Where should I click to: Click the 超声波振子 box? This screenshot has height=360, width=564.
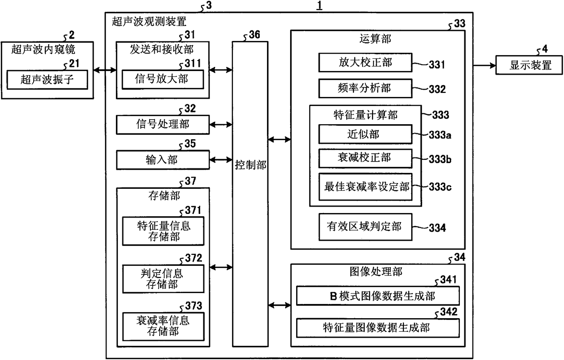(47, 80)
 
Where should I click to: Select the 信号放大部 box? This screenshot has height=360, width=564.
(163, 79)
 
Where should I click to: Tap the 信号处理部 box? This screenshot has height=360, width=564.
(163, 124)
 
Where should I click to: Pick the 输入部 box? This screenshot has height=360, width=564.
(163, 160)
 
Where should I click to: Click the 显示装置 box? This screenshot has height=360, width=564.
(529, 65)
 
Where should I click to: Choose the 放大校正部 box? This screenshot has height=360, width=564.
(365, 62)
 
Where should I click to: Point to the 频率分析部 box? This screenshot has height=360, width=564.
(365, 88)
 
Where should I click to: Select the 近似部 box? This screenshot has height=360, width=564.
(365, 134)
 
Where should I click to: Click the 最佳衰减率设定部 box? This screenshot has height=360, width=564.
(365, 187)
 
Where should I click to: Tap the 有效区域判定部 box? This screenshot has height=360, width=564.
(365, 227)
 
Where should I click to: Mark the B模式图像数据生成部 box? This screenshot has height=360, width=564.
(378, 296)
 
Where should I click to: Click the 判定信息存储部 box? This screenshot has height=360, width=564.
(163, 279)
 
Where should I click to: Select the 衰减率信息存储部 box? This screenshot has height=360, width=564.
(163, 327)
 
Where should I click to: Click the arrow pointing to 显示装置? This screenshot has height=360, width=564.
(484, 66)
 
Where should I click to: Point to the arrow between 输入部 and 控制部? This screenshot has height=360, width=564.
(221, 160)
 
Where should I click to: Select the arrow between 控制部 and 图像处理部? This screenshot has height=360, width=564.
(279, 305)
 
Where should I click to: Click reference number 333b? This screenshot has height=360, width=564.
(440, 159)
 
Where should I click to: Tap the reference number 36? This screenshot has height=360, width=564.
(254, 35)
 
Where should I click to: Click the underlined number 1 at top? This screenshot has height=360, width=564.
(319, 5)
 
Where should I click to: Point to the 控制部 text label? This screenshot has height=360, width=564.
(250, 165)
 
